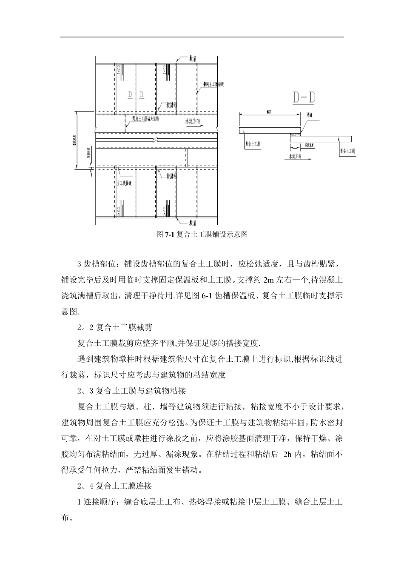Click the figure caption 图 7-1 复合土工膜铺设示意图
click(202, 235)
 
